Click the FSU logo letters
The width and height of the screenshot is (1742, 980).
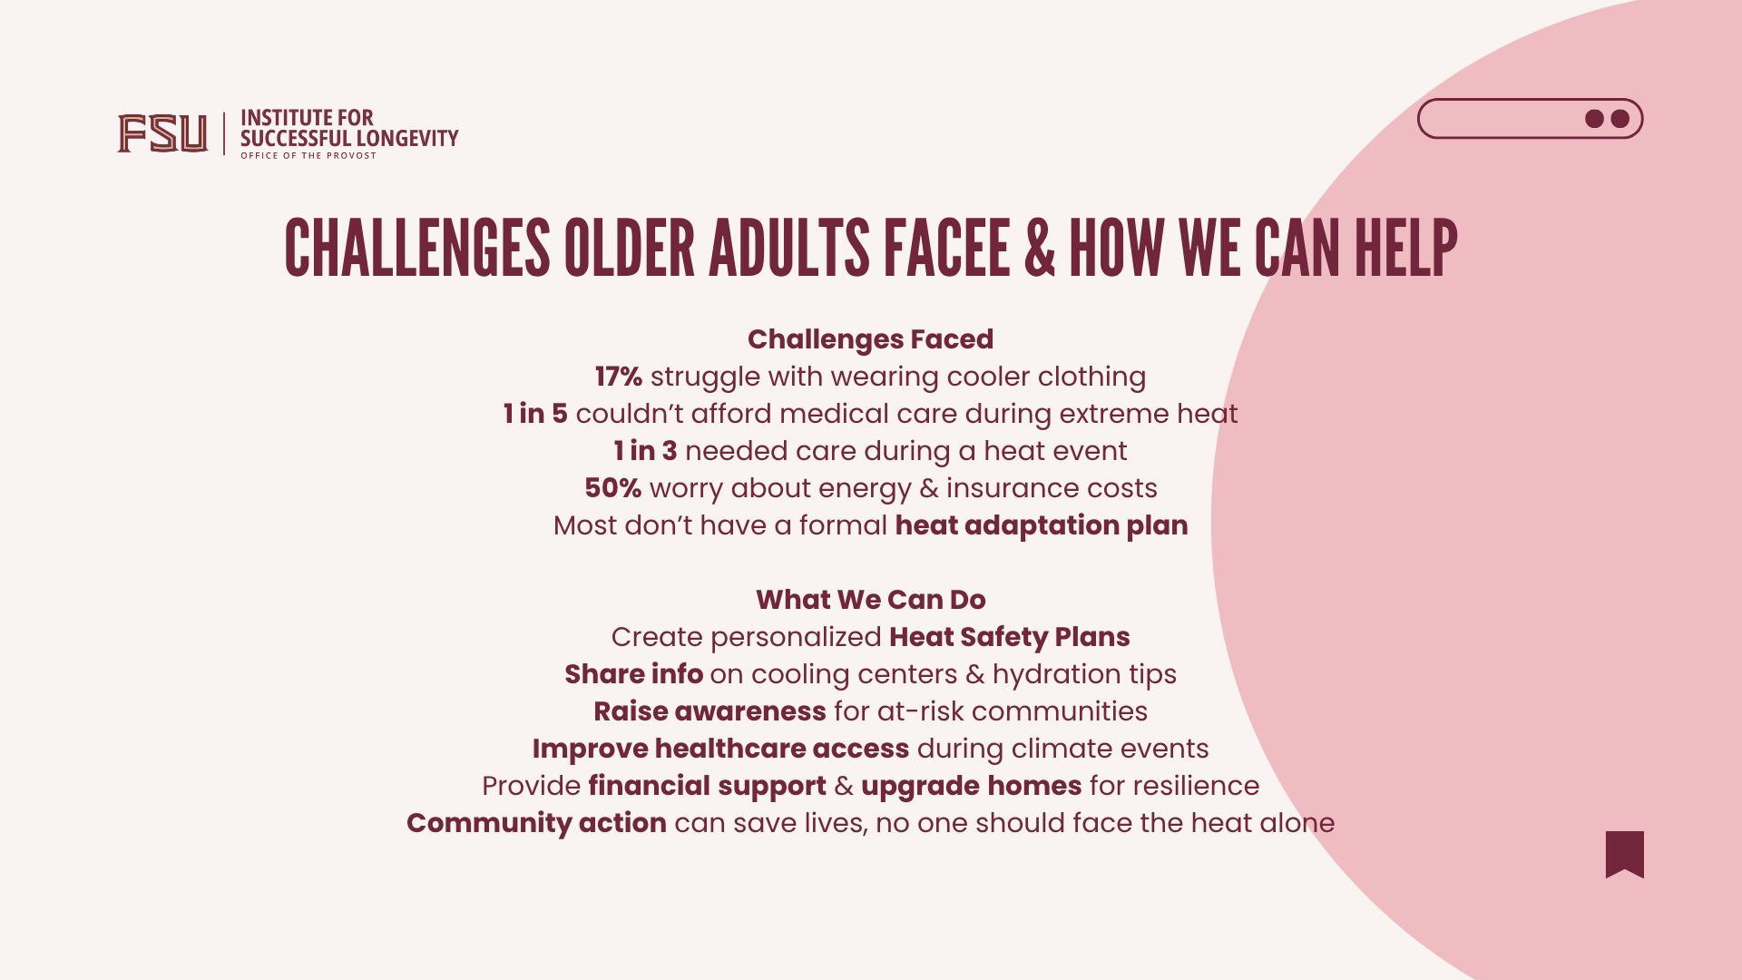pos(162,133)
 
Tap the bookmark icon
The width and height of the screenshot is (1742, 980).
pos(1624,855)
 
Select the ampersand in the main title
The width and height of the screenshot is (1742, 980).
pos(1040,249)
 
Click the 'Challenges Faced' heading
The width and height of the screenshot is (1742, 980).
pos(870,339)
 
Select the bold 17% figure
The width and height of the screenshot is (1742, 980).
pos(619,377)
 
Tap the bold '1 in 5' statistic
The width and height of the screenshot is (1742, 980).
pos(535,414)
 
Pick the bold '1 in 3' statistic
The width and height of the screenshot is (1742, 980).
pos(645,451)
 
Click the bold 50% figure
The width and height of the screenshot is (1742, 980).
pos(613,488)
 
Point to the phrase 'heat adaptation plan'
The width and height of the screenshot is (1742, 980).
pos(1042,525)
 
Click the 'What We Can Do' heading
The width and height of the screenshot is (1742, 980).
pos(871,600)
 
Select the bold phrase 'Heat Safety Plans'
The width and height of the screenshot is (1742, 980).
pos(1010,637)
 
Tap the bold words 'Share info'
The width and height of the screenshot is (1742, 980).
pos(633,674)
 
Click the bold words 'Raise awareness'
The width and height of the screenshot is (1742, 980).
pos(710,711)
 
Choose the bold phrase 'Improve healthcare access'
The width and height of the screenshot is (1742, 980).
pos(720,749)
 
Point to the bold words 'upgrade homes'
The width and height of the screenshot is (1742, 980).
pos(972,786)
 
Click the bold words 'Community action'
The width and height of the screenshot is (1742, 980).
pos(536,823)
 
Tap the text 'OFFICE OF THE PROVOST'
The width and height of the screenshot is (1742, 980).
pos(308,156)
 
